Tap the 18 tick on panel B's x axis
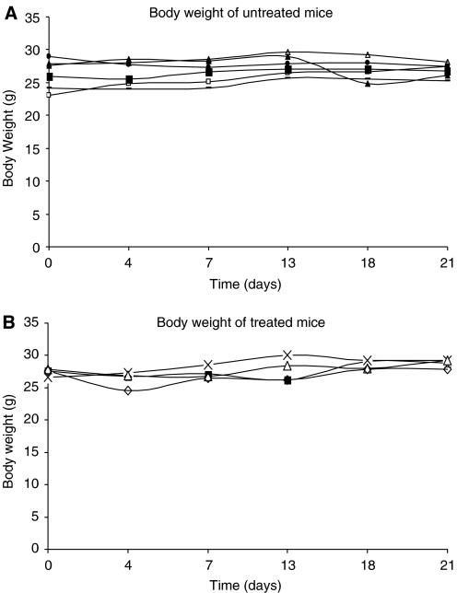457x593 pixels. click(367, 564)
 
